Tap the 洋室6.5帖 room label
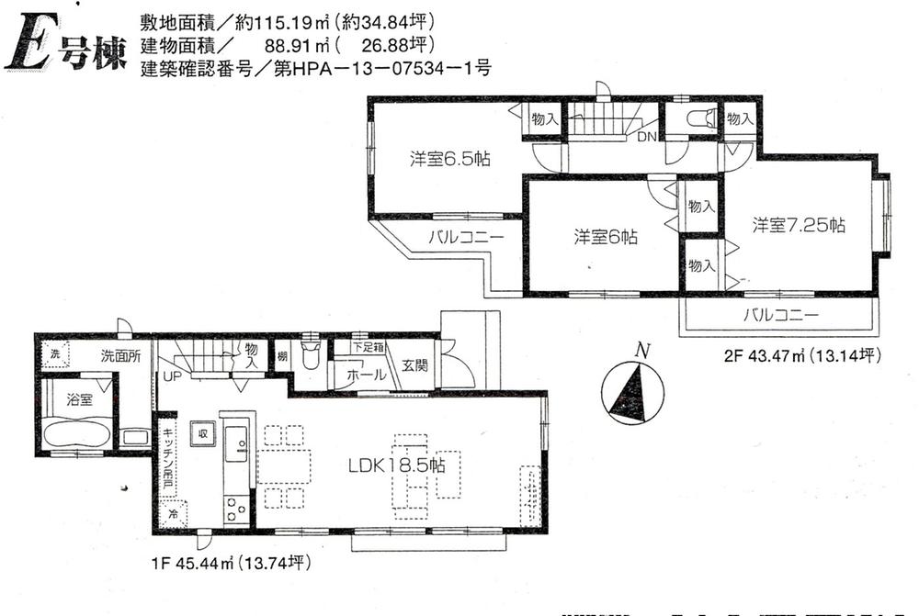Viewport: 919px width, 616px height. [x=449, y=159]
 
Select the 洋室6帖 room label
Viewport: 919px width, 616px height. [x=606, y=237]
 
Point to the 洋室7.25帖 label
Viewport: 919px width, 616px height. [x=799, y=225]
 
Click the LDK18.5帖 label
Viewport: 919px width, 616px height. [x=396, y=465]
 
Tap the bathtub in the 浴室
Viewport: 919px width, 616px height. [x=76, y=431]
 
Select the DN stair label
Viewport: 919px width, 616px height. [x=646, y=137]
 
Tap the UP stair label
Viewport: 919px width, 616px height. [x=172, y=376]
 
